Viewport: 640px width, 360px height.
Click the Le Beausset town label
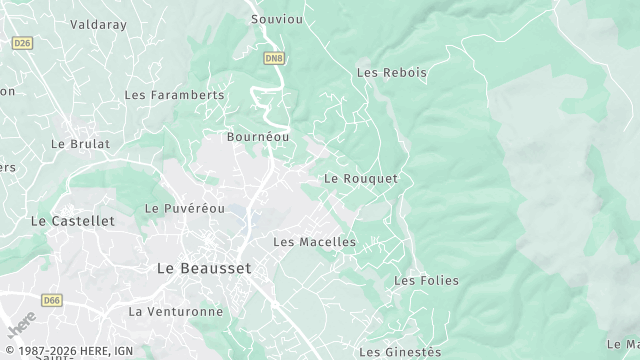[204, 268]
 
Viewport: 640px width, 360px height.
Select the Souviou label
[275, 19]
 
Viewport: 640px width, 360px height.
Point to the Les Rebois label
[391, 72]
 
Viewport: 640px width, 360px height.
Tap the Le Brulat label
[80, 143]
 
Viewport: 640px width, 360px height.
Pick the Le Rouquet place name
[361, 178]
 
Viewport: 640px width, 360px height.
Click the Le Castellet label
[73, 220]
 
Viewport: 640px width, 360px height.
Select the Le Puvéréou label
[185, 208]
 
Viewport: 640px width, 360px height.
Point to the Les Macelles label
[314, 242]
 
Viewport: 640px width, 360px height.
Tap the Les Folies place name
[426, 280]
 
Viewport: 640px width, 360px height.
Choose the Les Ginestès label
[399, 351]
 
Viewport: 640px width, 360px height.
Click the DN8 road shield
[274, 59]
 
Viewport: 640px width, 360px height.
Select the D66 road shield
[51, 298]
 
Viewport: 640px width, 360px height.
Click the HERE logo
[20, 326]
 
